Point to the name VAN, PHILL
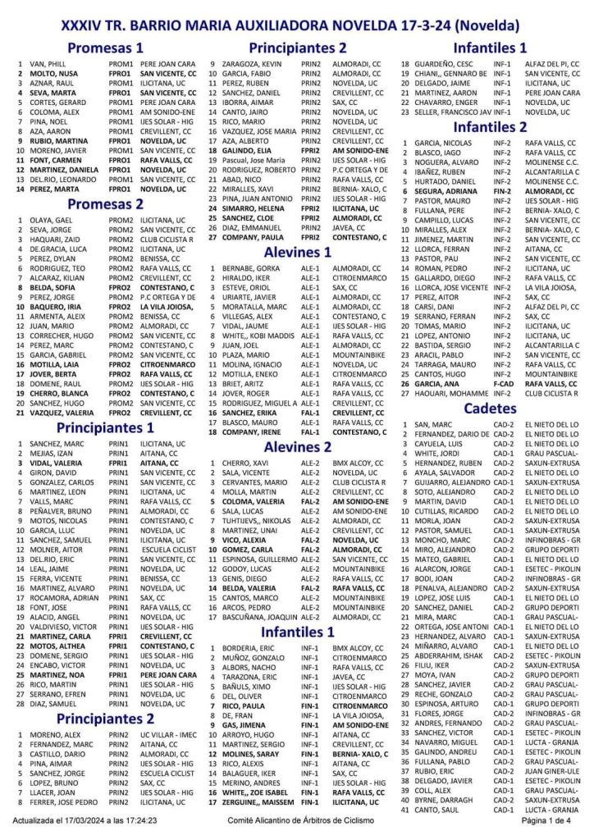click(42, 63)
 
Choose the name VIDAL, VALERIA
click(57, 463)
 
